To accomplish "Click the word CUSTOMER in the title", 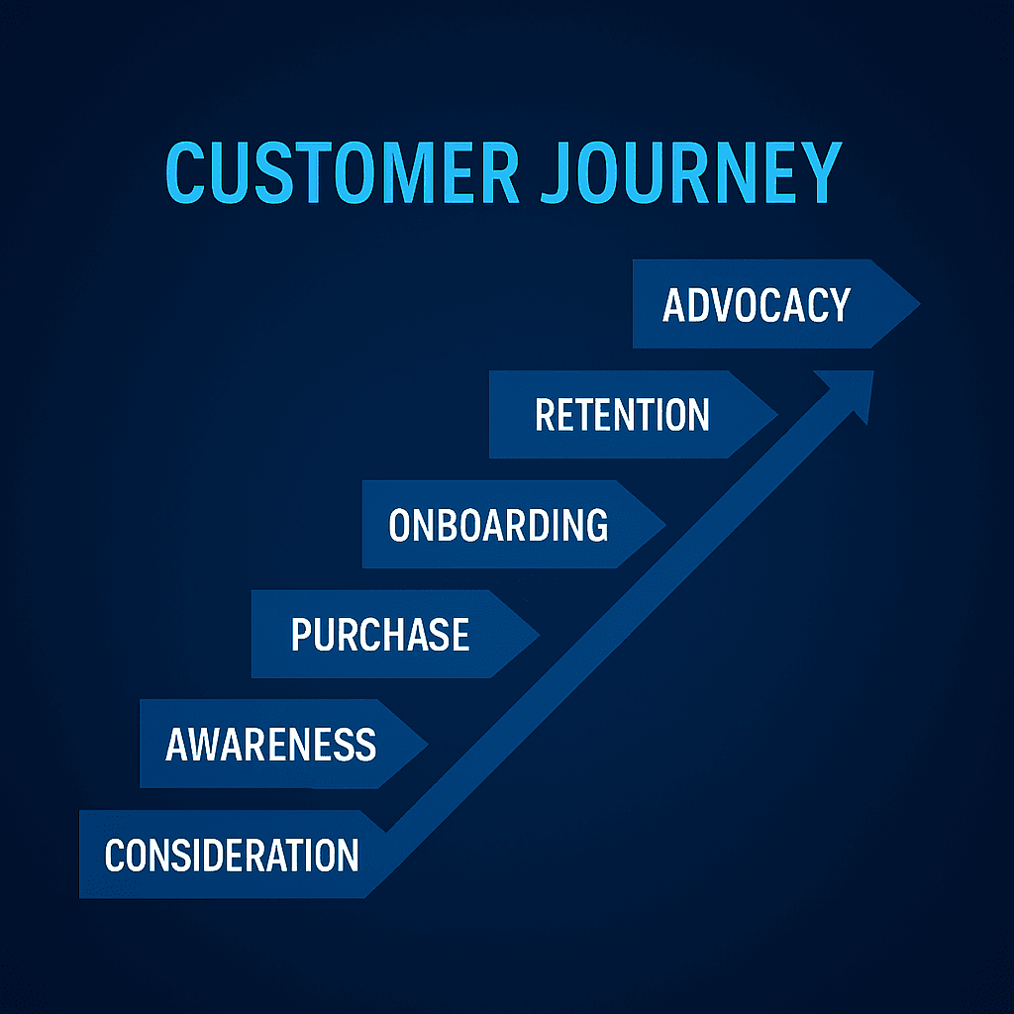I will (x=342, y=173).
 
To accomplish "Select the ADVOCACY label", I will (x=756, y=305).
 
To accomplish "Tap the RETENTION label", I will (x=622, y=414).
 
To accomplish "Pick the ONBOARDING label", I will (x=497, y=525).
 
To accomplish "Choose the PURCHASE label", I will (x=380, y=634).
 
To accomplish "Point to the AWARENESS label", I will (x=270, y=744).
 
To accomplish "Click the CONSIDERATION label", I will (x=232, y=855).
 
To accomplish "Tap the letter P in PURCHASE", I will (x=302, y=634).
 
